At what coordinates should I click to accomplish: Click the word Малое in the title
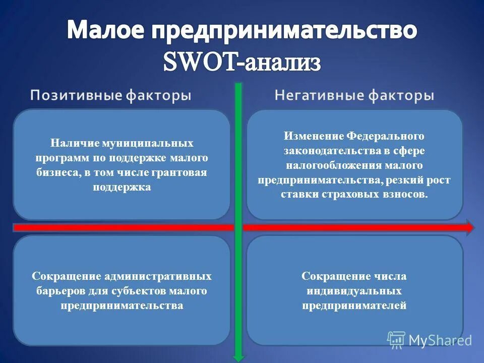pyautogui.click(x=104, y=31)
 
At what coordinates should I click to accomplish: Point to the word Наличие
pyautogui.click(x=71, y=144)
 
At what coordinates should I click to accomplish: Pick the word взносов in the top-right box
pyautogui.click(x=408, y=195)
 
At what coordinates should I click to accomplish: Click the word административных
pyautogui.click(x=157, y=276)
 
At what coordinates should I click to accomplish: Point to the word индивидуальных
pyautogui.click(x=354, y=291)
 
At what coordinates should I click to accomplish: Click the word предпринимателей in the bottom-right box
pyautogui.click(x=354, y=306)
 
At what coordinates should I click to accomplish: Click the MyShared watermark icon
pyautogui.click(x=396, y=340)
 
